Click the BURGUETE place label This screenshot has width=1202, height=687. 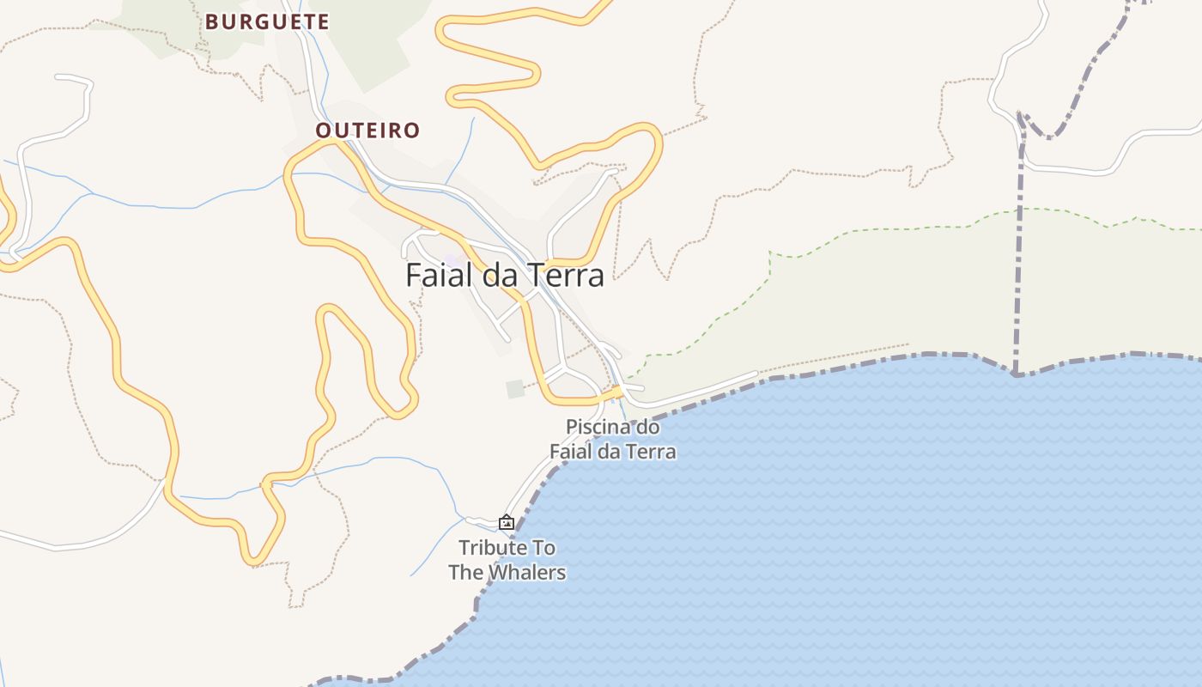click(267, 22)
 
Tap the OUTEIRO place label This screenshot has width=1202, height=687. click(367, 131)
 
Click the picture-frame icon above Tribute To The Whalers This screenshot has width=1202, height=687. click(507, 522)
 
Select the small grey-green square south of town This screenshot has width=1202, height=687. click(515, 389)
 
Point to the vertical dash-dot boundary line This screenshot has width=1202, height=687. click(1020, 258)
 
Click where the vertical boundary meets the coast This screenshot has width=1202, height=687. click(1016, 374)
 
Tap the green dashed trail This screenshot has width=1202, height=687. click(859, 230)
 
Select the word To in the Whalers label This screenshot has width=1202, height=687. click(543, 548)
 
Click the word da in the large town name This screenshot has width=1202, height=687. click(494, 275)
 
